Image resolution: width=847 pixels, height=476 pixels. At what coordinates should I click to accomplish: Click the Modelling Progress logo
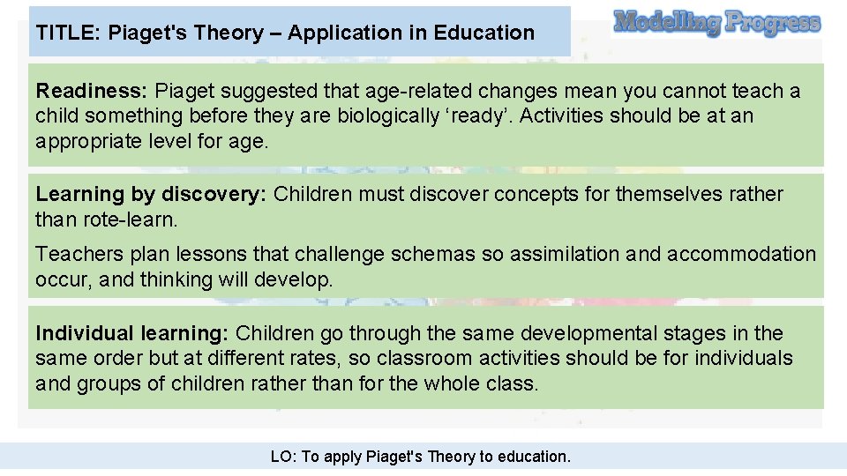[716, 22]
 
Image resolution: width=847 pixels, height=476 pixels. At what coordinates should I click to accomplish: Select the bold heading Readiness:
[92, 91]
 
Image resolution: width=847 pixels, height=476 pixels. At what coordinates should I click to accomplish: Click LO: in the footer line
[284, 457]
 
